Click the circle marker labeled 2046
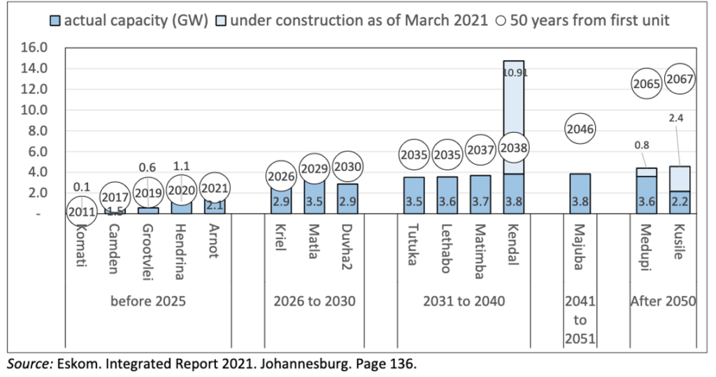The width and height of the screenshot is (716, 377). pyautogui.click(x=582, y=128)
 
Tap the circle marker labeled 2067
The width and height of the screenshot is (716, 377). pyautogui.click(x=680, y=80)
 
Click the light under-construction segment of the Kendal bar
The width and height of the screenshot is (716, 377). pyautogui.click(x=514, y=105)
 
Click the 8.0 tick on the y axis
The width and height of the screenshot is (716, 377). pyautogui.click(x=36, y=131)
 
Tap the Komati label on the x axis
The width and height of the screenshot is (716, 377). pyautogui.click(x=82, y=241)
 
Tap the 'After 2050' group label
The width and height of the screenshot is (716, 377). pyautogui.click(x=662, y=302)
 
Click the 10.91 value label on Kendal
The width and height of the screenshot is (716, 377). pyautogui.click(x=514, y=71)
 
